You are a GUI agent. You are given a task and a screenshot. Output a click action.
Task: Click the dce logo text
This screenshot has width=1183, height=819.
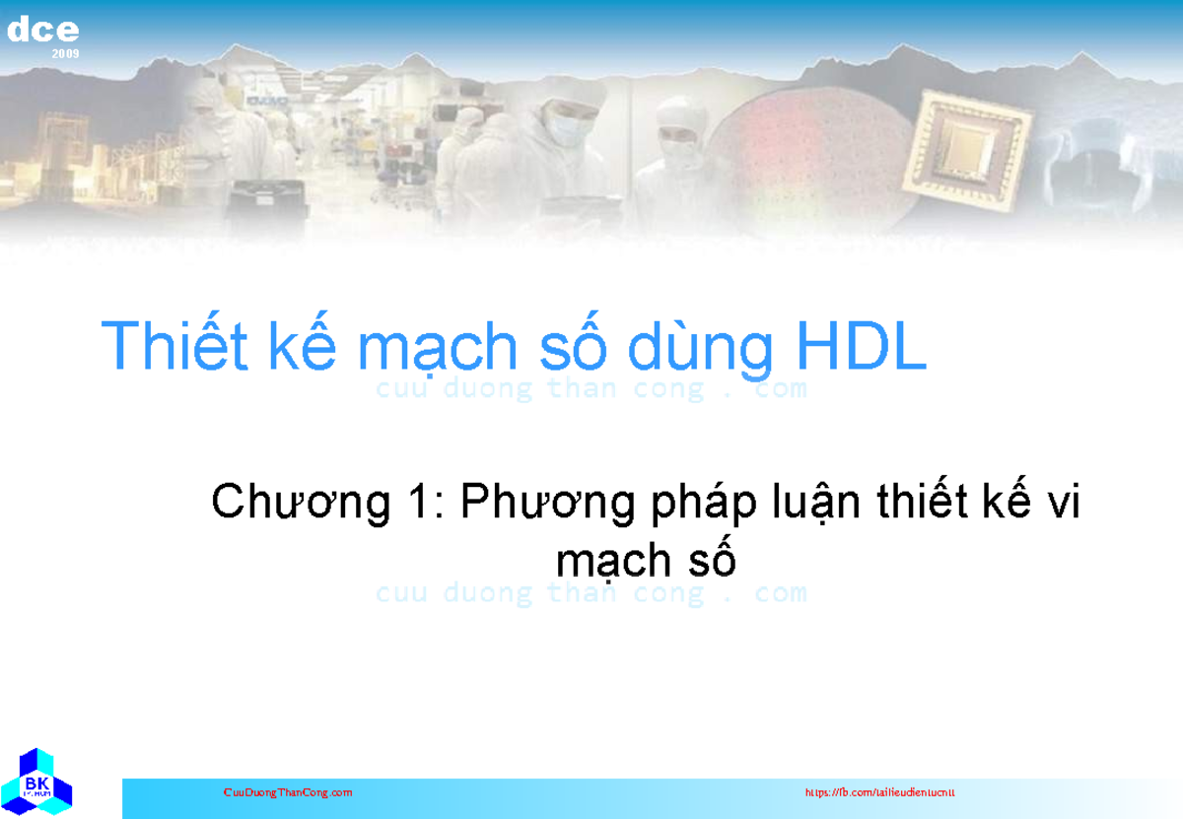point(42,31)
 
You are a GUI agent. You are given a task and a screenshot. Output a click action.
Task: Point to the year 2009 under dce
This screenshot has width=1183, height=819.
point(66,53)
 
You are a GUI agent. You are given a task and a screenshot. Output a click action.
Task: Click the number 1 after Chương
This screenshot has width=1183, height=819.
point(417,505)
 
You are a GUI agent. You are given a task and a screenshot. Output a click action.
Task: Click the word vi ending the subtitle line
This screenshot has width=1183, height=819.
point(1064,505)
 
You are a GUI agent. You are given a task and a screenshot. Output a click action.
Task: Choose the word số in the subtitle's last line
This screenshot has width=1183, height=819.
point(713,561)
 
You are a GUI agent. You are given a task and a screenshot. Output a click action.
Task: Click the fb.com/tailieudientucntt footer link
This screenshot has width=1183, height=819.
point(879,792)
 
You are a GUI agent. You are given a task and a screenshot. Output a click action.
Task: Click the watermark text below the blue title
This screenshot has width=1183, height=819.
point(591,389)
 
